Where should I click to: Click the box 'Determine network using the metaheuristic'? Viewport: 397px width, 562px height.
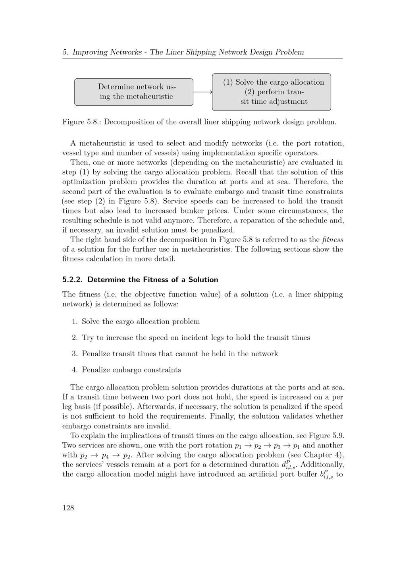pyautogui.click(x=134, y=92)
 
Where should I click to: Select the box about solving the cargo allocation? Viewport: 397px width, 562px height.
pyautogui.click(x=272, y=92)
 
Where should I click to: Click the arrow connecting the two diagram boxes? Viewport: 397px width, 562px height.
pyautogui.click(x=202, y=92)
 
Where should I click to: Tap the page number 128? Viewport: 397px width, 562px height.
pyautogui.click(x=68, y=508)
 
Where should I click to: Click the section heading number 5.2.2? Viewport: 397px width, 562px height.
pyautogui.click(x=73, y=279)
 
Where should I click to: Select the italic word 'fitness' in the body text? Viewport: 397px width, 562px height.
pyautogui.click(x=332, y=240)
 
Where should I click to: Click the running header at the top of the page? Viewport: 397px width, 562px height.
pyautogui.click(x=183, y=52)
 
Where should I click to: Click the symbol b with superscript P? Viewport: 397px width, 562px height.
pyautogui.click(x=327, y=475)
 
